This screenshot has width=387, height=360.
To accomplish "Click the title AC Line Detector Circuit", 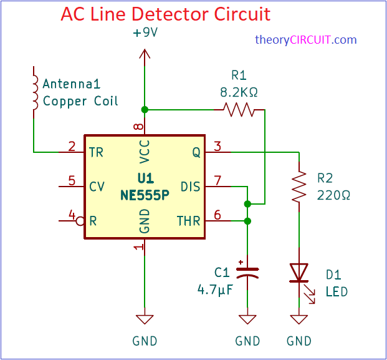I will pos(165,14).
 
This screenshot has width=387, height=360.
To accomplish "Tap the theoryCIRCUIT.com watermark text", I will pos(305,40).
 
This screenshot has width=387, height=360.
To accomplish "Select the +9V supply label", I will pos(145,33).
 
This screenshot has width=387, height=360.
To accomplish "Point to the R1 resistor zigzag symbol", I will pos(239,110).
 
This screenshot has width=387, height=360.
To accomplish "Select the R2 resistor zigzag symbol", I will pos(300,186).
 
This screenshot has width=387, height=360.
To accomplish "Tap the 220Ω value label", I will pos(334,195).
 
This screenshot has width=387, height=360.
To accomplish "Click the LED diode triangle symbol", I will pos(300,273).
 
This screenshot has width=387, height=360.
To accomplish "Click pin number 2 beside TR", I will pos(72,147).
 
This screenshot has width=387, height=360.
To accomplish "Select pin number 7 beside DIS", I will pos(217,181).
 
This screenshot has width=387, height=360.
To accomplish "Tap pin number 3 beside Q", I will pos(217,147).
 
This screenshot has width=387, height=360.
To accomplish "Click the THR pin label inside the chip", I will pos(188,221).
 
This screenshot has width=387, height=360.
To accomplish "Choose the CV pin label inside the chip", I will pos(97,186).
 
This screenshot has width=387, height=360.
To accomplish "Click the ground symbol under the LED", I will pos(300,319).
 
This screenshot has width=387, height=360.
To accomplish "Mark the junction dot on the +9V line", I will pos(145,110).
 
